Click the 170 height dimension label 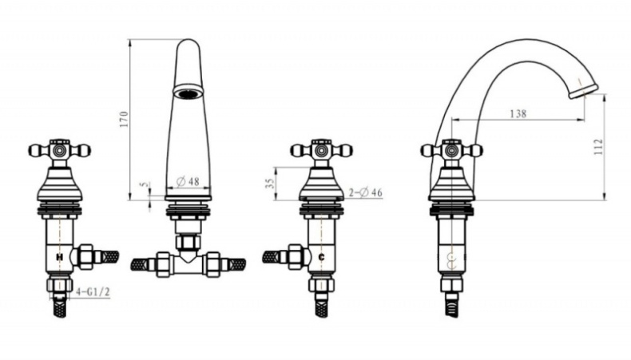pos(125,120)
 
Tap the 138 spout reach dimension pos(518,114)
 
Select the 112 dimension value pos(599,146)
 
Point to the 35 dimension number pos(271,183)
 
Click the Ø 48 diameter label pos(188,181)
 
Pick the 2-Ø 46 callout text pos(365,192)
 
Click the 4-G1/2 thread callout pos(93,291)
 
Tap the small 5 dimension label pos(144,184)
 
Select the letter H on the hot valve pos(60,256)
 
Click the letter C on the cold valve pos(321,257)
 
